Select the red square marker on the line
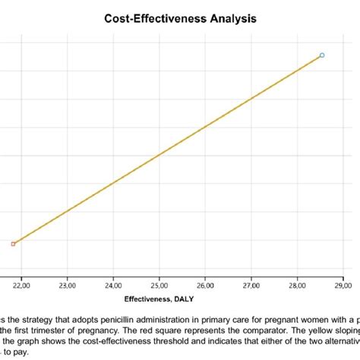click(x=13, y=244)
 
